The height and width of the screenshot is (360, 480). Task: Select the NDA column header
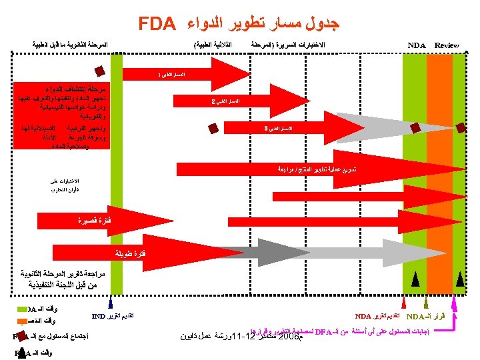click(x=417, y=45)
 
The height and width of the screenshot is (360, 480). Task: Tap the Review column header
click(x=447, y=45)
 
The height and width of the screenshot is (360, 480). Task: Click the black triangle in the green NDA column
click(x=414, y=280)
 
